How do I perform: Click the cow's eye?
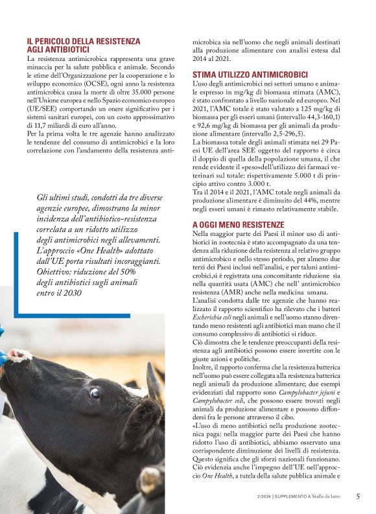click(x=95, y=392)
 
